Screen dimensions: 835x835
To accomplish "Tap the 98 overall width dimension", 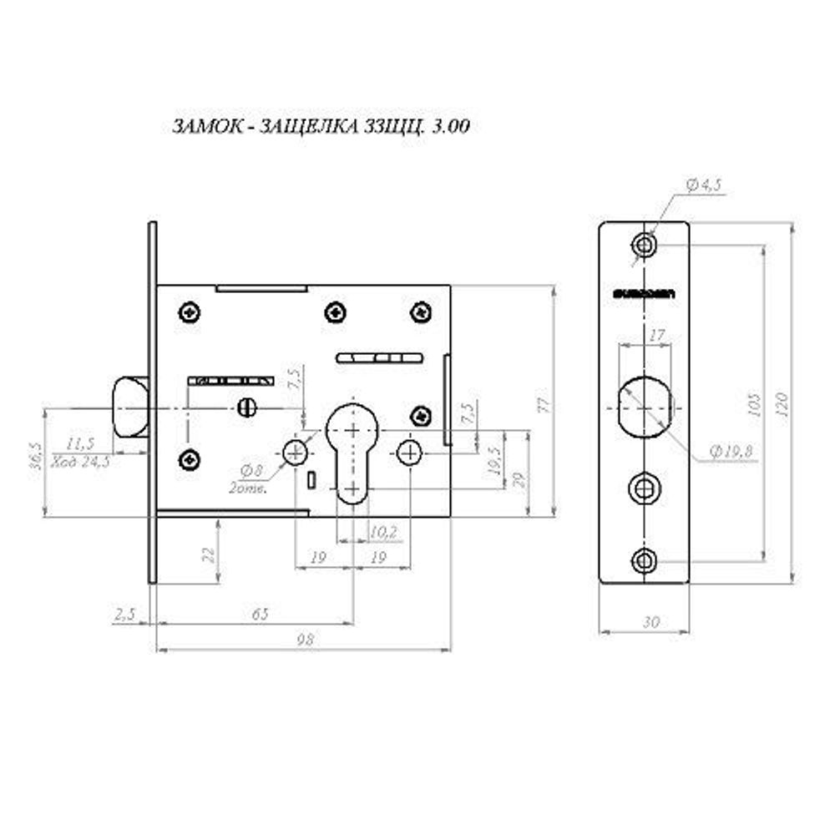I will (x=305, y=640).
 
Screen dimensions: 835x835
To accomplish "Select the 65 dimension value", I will (x=260, y=615).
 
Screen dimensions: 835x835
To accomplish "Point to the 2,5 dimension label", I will (x=125, y=615).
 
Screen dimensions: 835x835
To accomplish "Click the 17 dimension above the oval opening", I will (x=656, y=337).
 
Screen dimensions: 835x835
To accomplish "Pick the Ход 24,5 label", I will (x=80, y=461).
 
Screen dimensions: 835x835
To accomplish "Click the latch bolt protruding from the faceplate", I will (x=128, y=407).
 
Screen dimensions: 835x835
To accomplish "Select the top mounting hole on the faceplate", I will (x=644, y=245).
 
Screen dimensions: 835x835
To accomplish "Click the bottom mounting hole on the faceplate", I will (x=644, y=561).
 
